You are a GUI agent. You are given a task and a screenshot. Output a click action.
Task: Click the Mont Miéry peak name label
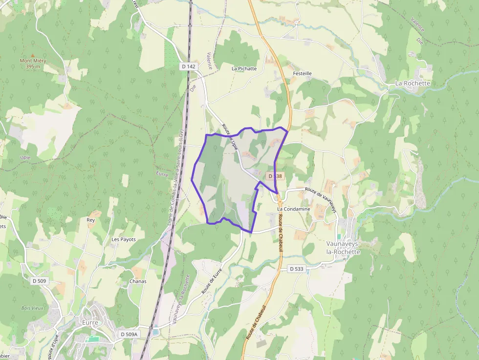tap(33, 61)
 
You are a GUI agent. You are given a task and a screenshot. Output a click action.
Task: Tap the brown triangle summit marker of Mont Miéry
tap(33, 56)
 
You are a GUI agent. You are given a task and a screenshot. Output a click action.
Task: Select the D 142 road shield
tap(188, 66)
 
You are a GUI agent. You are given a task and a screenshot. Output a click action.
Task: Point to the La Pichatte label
tap(244, 69)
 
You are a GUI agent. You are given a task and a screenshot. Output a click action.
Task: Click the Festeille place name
tap(302, 73)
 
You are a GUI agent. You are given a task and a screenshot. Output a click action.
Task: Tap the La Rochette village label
tap(413, 84)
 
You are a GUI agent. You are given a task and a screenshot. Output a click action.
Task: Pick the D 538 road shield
tap(275, 175)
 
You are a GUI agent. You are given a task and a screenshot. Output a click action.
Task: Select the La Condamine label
tap(293, 209)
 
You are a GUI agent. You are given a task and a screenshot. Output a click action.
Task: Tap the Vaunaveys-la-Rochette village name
tap(343, 247)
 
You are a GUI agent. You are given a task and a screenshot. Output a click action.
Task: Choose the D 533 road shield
tap(296, 269)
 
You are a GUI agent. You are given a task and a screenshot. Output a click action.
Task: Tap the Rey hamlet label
tap(90, 220)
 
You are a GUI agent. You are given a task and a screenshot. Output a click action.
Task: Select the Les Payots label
tap(124, 239)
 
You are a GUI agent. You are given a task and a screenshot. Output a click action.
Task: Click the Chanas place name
tap(138, 281)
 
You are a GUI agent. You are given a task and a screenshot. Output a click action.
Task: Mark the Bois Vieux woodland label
tap(33, 308)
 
